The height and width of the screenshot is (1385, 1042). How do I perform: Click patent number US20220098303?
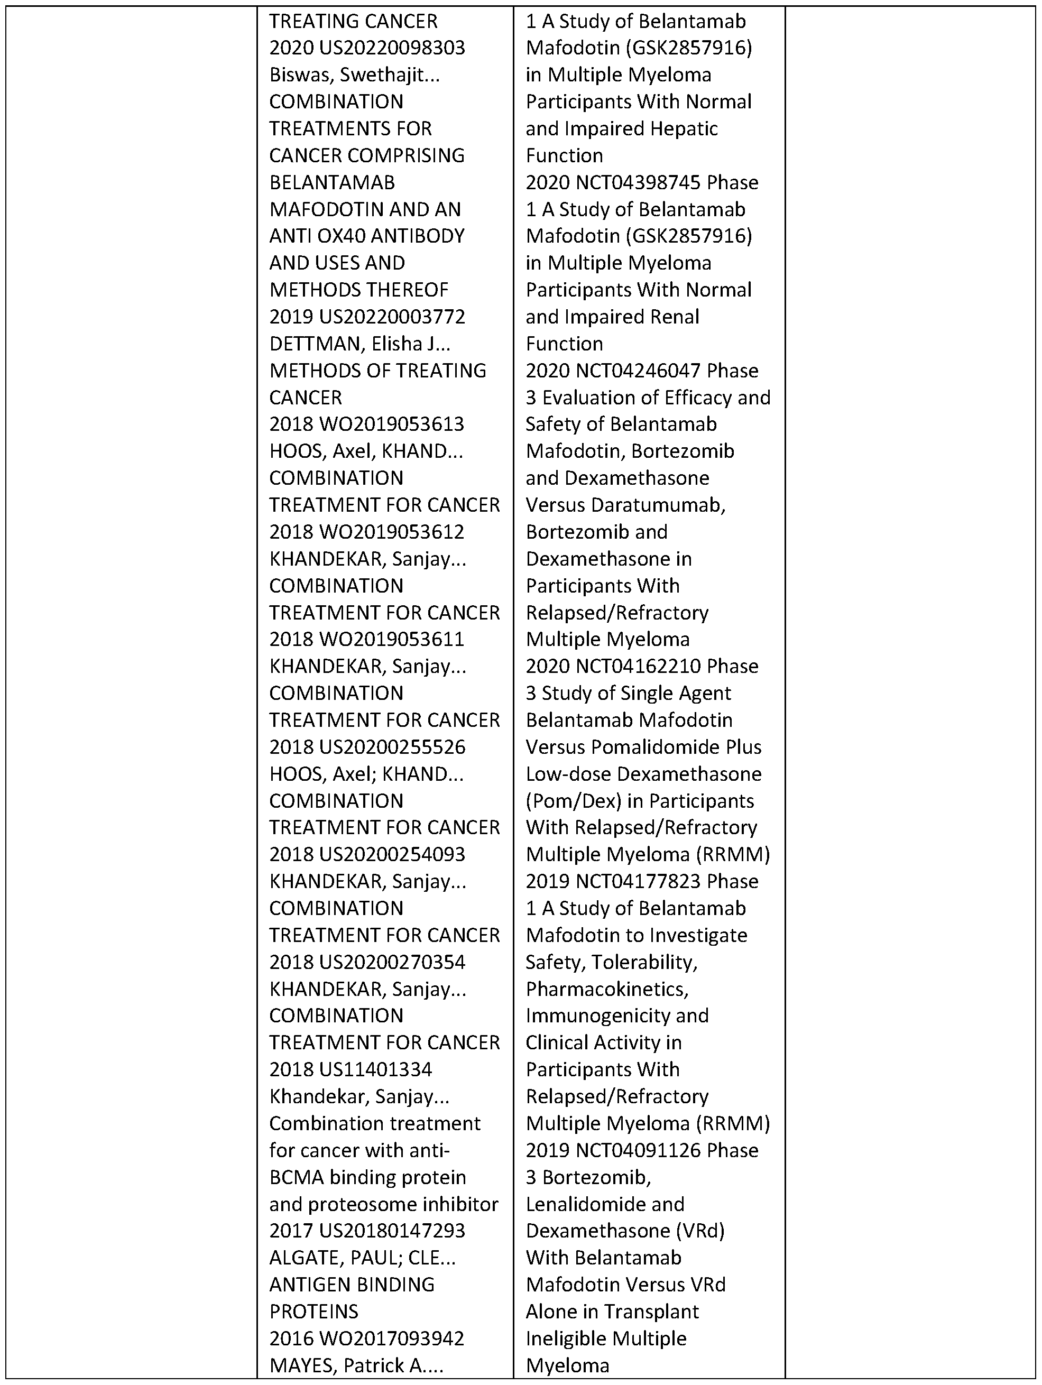coord(392,48)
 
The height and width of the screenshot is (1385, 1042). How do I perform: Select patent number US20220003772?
coord(392,317)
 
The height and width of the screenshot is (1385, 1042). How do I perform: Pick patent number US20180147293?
coord(392,1231)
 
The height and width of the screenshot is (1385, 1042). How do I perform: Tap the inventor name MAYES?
coord(298,1365)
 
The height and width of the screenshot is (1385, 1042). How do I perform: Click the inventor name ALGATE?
coord(303,1258)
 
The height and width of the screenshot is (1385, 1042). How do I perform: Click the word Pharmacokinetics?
coord(607,989)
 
